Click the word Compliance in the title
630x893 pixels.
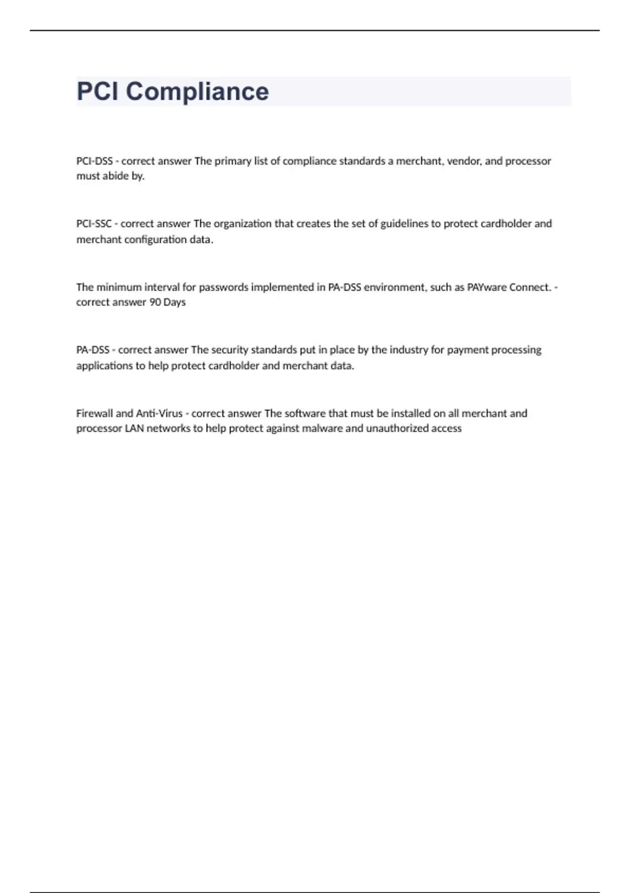pyautogui.click(x=197, y=92)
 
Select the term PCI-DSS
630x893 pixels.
pyautogui.click(x=94, y=161)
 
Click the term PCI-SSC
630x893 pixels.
pyautogui.click(x=94, y=224)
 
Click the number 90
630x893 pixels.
pyautogui.click(x=155, y=303)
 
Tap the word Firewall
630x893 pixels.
pyautogui.click(x=94, y=413)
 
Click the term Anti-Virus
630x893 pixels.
pyautogui.click(x=159, y=413)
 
